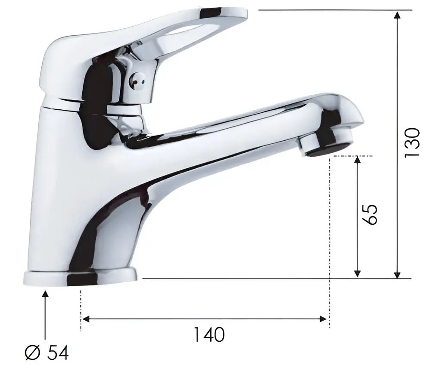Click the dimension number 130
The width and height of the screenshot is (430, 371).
(412, 142)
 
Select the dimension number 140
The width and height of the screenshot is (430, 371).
(209, 335)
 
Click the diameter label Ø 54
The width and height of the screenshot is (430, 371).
(46, 353)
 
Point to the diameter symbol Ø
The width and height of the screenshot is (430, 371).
(32, 353)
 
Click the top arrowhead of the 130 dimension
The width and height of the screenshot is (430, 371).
(398, 15)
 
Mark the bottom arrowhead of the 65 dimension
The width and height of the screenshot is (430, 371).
(357, 273)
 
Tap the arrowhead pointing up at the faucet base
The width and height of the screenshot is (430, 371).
(45, 294)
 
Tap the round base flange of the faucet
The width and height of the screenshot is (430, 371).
(80, 277)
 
